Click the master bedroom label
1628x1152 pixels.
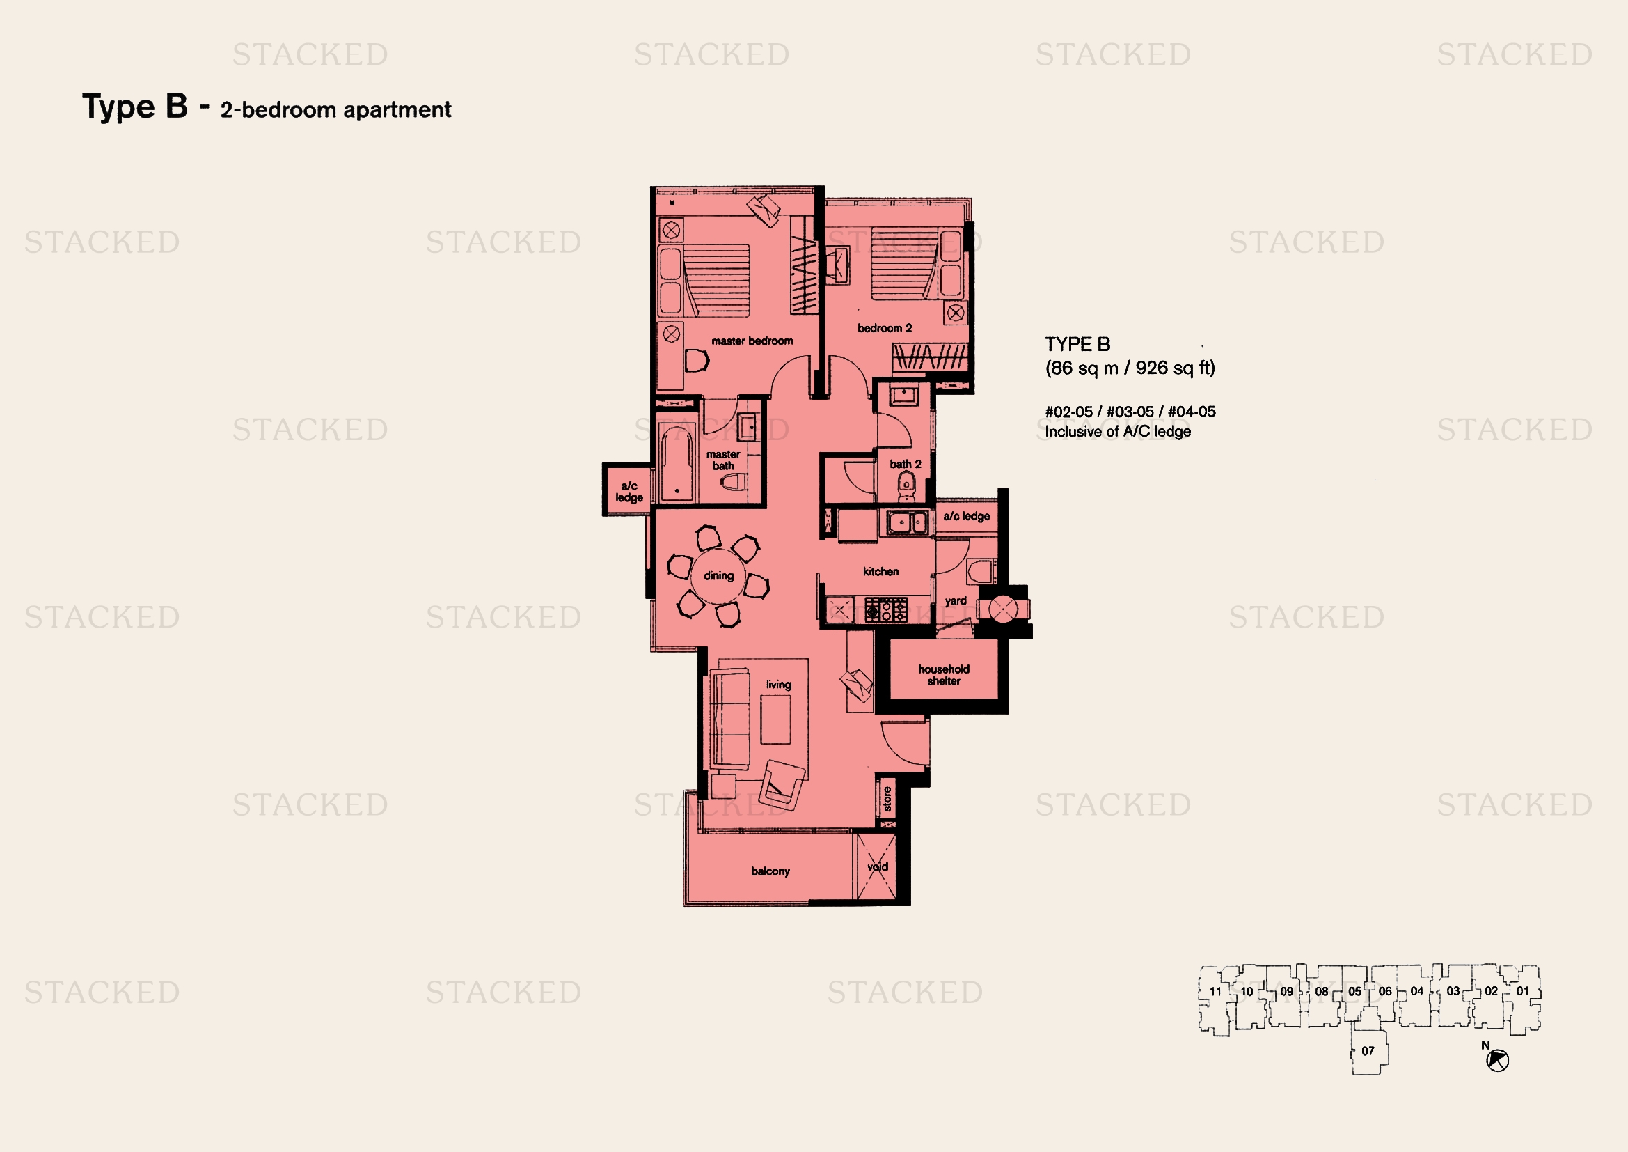tap(752, 341)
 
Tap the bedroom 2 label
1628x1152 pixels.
tap(884, 328)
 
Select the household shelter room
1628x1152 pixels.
tap(943, 669)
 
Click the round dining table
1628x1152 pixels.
tap(718, 575)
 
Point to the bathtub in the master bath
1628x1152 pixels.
tap(677, 462)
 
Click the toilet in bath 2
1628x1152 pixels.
tap(906, 487)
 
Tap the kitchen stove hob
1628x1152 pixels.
tap(885, 610)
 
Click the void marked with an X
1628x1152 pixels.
tap(876, 867)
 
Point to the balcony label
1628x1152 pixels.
tap(770, 871)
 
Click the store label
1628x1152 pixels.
tap(886, 799)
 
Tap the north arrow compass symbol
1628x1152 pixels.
tap(1497, 1061)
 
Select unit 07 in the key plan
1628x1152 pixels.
tap(1368, 1050)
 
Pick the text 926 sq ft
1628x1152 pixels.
tap(1175, 368)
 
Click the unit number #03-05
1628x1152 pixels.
tap(1130, 412)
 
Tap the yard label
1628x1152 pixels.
tap(955, 602)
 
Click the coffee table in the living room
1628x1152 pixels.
tap(775, 719)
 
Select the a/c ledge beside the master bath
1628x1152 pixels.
tap(629, 490)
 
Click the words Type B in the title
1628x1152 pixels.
tap(135, 107)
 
